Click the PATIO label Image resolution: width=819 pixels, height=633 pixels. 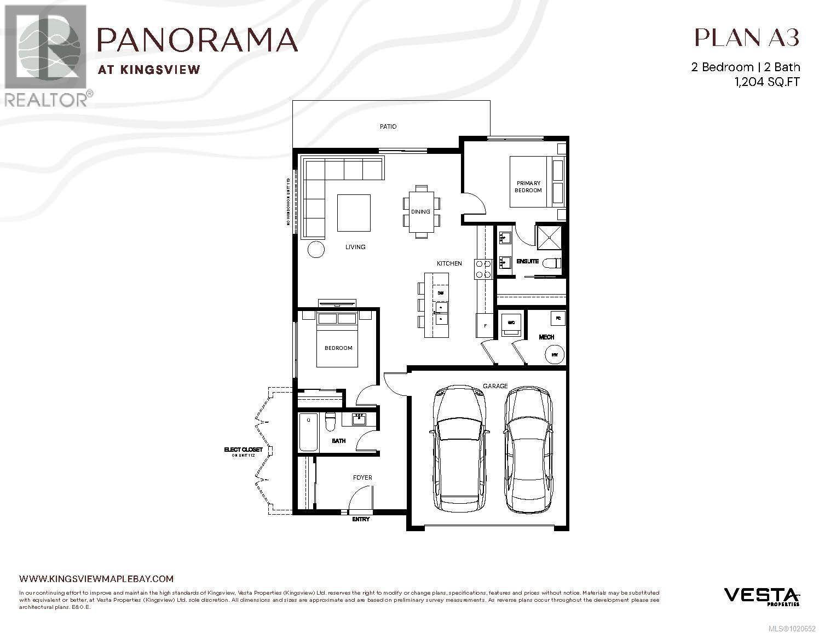pyautogui.click(x=388, y=126)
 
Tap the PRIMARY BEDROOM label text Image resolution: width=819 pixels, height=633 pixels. pyautogui.click(x=528, y=187)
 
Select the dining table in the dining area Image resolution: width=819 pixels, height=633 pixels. pyautogui.click(x=421, y=211)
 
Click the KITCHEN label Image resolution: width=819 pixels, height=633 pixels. pyautogui.click(x=449, y=263)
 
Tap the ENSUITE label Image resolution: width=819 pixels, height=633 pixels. pyautogui.click(x=528, y=261)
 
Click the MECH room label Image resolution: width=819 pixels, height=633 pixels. pyautogui.click(x=546, y=337)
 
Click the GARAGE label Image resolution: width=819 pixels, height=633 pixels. pyautogui.click(x=495, y=386)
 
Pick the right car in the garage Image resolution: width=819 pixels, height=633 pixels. pyautogui.click(x=528, y=449)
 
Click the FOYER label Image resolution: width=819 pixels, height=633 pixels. pyautogui.click(x=362, y=477)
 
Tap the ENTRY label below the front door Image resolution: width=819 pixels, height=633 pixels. pyautogui.click(x=361, y=519)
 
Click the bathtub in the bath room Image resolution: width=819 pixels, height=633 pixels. pyautogui.click(x=308, y=433)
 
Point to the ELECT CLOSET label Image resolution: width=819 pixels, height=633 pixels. pyautogui.click(x=243, y=450)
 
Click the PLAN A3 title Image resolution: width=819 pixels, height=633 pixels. pyautogui.click(x=747, y=37)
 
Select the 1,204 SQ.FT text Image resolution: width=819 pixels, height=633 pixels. pyautogui.click(x=766, y=82)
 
